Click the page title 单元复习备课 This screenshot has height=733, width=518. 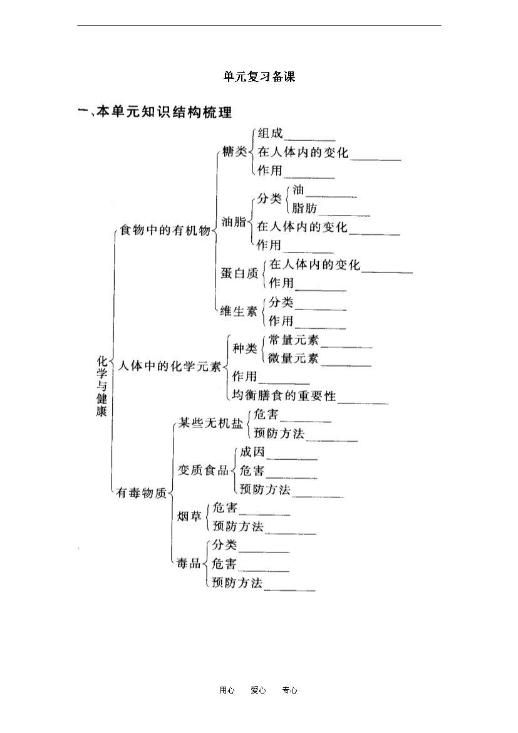pyautogui.click(x=259, y=76)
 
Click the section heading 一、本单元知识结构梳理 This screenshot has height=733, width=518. pyautogui.click(x=155, y=112)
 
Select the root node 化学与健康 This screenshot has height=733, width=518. pyautogui.click(x=102, y=386)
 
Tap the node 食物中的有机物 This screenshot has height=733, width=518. pyautogui.click(x=165, y=230)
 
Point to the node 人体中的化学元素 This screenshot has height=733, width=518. pyautogui.click(x=169, y=366)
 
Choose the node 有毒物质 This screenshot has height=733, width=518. pyautogui.click(x=141, y=492)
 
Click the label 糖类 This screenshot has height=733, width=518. pyautogui.click(x=234, y=152)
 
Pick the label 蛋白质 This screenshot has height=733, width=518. pyautogui.click(x=239, y=273)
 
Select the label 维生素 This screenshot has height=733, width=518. pyautogui.click(x=239, y=311)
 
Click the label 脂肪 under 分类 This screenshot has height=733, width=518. pyautogui.click(x=304, y=208)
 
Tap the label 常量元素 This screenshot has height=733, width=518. pyautogui.click(x=294, y=340)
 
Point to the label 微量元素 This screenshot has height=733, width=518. pyautogui.click(x=294, y=358)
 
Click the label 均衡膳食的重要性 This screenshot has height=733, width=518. pyautogui.click(x=284, y=395)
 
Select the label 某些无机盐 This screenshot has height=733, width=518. pyautogui.click(x=211, y=423)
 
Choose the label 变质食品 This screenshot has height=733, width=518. pyautogui.click(x=203, y=470)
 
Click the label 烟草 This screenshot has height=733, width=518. pyautogui.click(x=189, y=516)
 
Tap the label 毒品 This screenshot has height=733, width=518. pyautogui.click(x=189, y=563)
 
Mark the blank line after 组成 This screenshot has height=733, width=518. pyautogui.click(x=310, y=140)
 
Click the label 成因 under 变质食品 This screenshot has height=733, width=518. pyautogui.click(x=252, y=452)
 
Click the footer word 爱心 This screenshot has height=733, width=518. pyautogui.click(x=258, y=690)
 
